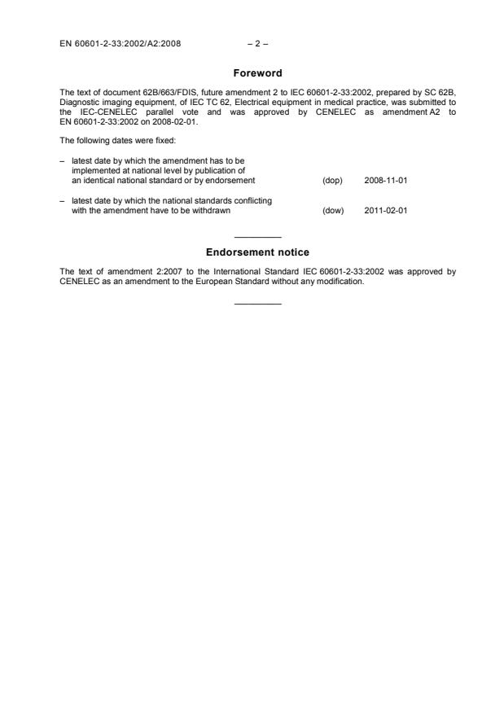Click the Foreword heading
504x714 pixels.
point(252,72)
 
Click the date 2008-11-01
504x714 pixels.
point(385,180)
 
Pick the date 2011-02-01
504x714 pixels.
point(385,210)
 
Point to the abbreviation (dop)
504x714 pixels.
point(332,180)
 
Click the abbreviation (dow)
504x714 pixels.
point(333,210)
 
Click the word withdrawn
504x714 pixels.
point(211,210)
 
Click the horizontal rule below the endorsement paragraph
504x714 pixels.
point(257,304)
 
